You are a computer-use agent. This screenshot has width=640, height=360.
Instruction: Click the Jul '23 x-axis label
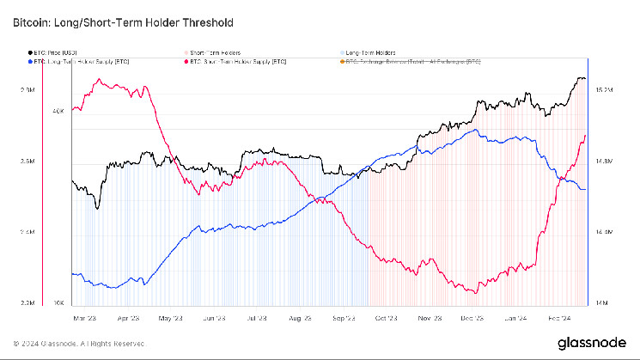click(255, 317)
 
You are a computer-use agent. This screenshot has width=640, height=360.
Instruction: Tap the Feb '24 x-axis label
click(560, 317)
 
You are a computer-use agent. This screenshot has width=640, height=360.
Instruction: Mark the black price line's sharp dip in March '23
click(97, 207)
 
